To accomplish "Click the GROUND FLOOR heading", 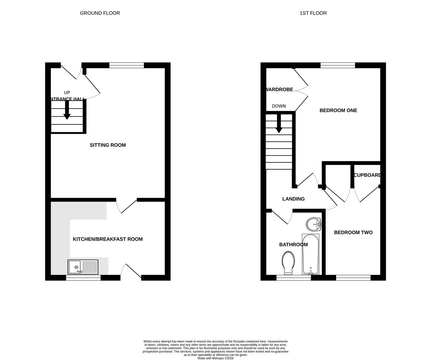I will coord(100,13).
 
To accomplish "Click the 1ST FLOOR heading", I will coord(313,13).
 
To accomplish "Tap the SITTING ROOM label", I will coord(108,145).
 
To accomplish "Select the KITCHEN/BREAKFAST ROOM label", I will coord(108,239).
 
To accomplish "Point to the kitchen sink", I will coord(83,267).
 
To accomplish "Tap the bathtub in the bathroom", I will coord(310,254).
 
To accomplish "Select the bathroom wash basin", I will coord(313,224).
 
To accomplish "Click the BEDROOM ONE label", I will coord(338,110).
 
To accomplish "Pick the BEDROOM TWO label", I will coord(353,232).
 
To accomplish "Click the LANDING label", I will coord(293,199).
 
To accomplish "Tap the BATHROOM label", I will coord(293,245).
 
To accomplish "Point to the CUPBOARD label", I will coord(367,175).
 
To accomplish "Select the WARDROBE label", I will coord(280,89).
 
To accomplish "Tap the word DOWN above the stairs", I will coord(279,106).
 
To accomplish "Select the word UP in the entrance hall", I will coord(67,93).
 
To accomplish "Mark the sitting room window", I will coord(127,65).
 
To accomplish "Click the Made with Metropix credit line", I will coord(215,358).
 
